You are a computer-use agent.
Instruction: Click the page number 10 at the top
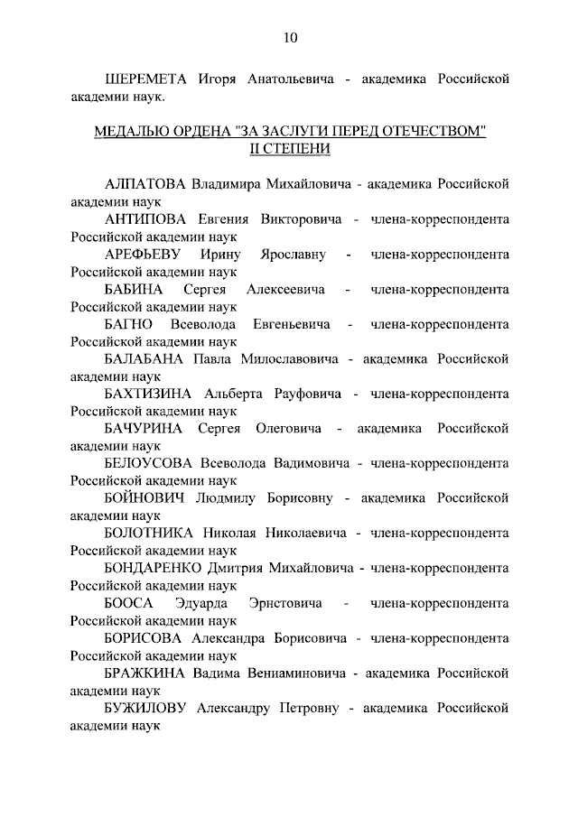289,37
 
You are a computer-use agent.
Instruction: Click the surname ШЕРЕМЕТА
145,79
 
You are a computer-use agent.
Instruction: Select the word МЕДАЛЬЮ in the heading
132,132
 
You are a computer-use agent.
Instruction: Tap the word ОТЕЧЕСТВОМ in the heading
433,132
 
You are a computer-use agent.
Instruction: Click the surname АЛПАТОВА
144,184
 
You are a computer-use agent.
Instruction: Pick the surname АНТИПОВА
144,219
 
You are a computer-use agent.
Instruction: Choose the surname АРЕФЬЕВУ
144,255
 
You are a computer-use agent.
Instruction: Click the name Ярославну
292,255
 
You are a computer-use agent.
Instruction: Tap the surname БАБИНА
134,289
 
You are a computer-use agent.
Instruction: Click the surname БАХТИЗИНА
149,395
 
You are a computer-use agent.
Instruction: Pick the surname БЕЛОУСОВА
150,464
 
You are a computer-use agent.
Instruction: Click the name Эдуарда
201,603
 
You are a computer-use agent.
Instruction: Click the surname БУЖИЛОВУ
144,709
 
